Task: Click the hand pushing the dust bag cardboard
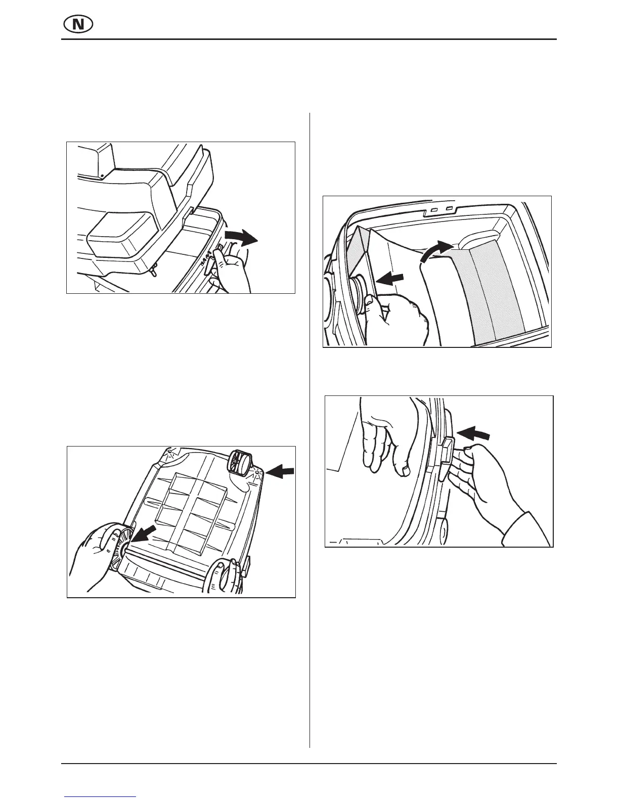tap(400, 321)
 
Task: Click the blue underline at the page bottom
tap(101, 796)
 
